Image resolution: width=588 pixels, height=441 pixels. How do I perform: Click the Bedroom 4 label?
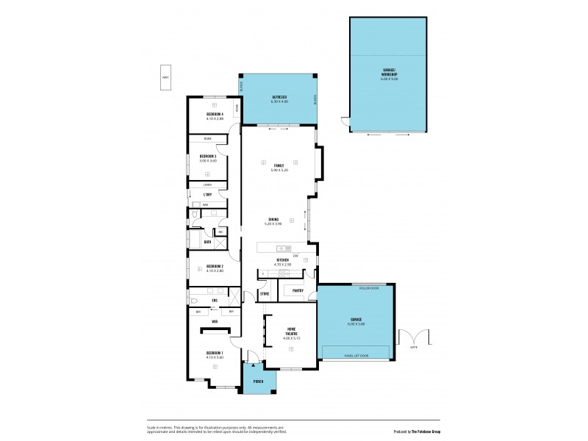point(215,115)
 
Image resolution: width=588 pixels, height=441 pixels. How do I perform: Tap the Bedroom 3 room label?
point(207,156)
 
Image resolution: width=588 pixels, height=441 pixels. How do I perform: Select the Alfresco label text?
point(279,97)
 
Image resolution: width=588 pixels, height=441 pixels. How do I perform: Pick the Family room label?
point(279,165)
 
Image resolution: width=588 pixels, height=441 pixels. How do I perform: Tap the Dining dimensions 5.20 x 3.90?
point(273,223)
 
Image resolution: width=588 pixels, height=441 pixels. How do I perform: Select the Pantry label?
point(298,290)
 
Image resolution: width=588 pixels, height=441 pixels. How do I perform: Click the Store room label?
point(265,293)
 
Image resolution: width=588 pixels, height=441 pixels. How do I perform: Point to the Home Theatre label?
point(291,331)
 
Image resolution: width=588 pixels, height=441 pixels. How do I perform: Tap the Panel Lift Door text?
point(356,356)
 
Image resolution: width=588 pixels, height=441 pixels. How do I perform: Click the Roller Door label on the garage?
point(368,289)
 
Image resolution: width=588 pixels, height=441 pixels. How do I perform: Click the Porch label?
point(259,381)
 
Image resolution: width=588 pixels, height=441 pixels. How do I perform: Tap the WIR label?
point(215,322)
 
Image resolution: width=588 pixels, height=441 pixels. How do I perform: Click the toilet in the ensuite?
point(194,301)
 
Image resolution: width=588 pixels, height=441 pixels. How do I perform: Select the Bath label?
point(208,241)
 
